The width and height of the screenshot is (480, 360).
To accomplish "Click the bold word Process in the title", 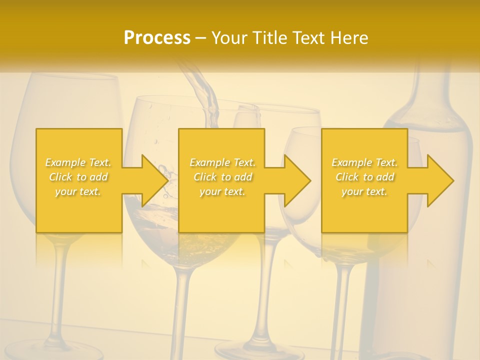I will (x=157, y=38).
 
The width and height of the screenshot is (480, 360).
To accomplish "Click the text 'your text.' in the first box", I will (x=78, y=191).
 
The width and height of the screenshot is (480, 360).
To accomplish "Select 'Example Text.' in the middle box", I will (x=222, y=162).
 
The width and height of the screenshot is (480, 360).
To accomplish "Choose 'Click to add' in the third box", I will (x=364, y=177).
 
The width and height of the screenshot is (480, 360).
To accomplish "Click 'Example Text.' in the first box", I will (x=78, y=162).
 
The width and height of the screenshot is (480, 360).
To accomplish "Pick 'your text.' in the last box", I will (x=364, y=191).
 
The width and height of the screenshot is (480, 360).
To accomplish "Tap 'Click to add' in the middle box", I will (x=222, y=177).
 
